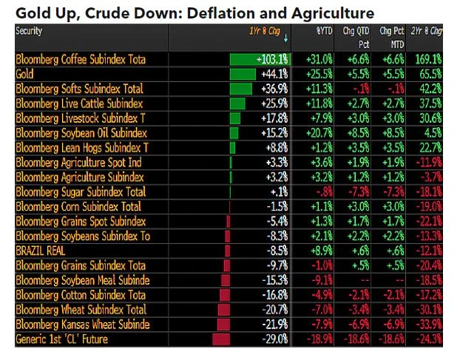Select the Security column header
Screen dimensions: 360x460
(29, 32)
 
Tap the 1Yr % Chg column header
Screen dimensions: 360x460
(263, 32)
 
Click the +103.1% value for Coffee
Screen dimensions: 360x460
(272, 59)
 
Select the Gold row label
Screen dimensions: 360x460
(25, 74)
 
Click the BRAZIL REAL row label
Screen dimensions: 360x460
(41, 251)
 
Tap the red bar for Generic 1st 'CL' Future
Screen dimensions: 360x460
(224, 339)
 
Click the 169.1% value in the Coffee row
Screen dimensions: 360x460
(429, 59)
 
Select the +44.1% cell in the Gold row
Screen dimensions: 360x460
(274, 74)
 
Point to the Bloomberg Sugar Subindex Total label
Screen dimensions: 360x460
(81, 191)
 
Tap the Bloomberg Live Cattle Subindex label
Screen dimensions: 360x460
(79, 103)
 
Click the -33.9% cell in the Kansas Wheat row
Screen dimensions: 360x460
(429, 325)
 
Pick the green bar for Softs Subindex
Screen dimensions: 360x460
(242, 89)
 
